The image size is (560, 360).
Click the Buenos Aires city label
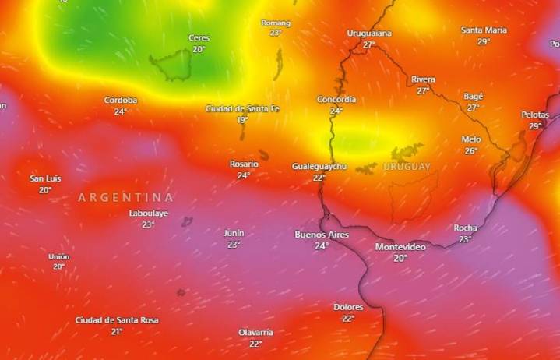point(322,235)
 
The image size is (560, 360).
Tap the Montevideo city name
point(400,247)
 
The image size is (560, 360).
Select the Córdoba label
point(121,101)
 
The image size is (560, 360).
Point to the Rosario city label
point(244,164)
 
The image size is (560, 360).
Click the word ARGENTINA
point(125,198)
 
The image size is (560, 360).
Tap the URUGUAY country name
point(407,167)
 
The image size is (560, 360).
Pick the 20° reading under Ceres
point(199,49)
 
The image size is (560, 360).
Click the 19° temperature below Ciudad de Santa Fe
point(242,120)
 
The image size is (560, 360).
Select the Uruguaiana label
point(369,34)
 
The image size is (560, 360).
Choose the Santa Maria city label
point(484,30)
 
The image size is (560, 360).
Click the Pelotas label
point(535,115)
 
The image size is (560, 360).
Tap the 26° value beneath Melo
point(471,151)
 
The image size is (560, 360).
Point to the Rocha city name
point(465,228)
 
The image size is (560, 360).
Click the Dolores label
point(348,308)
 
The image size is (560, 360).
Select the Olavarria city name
point(255,333)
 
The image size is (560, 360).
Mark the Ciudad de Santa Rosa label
point(117,320)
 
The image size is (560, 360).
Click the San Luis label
point(45,178)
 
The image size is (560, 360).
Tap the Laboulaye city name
point(149,214)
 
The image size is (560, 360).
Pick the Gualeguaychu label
point(319,167)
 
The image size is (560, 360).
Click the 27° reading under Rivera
point(423,90)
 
